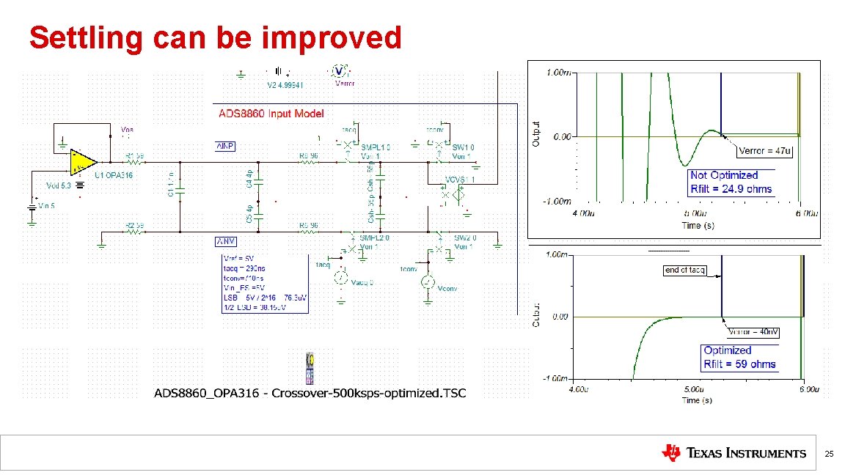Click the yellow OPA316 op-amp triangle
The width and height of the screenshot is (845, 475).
tap(83, 162)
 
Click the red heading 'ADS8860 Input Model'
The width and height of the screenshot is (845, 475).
tap(271, 114)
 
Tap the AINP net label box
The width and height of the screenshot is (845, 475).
tap(225, 146)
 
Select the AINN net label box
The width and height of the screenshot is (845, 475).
tap(225, 242)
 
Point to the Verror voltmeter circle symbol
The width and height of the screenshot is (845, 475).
tap(339, 71)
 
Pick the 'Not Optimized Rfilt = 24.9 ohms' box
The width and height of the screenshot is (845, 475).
tap(731, 182)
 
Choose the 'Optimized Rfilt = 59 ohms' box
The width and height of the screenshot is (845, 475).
tap(739, 357)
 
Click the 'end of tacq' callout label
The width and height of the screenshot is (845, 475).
tap(685, 270)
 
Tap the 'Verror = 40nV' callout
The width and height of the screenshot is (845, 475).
tap(753, 332)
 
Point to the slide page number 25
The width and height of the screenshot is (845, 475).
tap(830, 454)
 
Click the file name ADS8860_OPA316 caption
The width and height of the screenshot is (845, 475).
tap(310, 393)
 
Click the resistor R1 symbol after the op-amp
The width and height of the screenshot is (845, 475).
tap(134, 161)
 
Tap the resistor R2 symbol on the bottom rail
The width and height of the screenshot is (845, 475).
tap(134, 232)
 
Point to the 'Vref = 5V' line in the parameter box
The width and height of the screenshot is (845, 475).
tap(239, 259)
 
